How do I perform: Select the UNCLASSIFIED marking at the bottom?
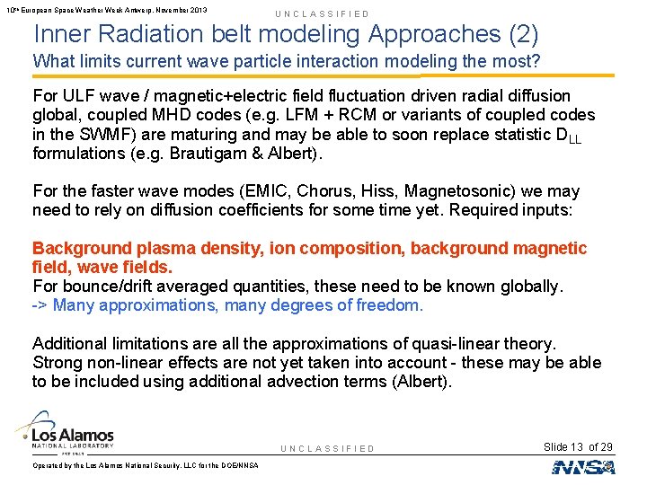[x=328, y=448]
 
